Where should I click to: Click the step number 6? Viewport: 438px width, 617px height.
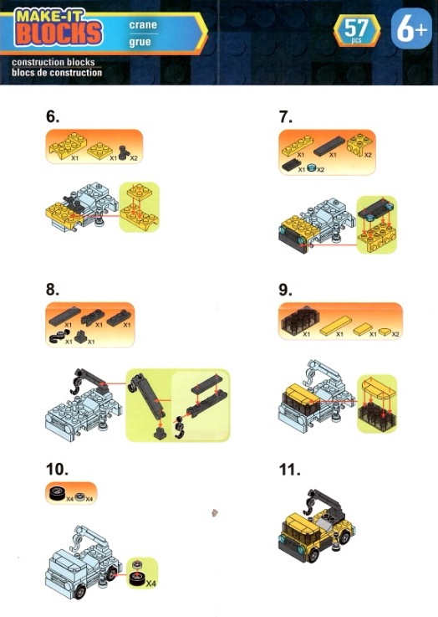point(53,116)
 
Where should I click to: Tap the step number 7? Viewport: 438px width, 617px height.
point(286,116)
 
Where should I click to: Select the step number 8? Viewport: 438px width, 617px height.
point(53,289)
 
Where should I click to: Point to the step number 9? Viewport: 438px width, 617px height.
point(286,290)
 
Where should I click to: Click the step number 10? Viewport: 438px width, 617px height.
point(57,469)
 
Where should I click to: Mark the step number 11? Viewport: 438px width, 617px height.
point(289,469)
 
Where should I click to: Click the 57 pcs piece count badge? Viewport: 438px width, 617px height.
point(357,31)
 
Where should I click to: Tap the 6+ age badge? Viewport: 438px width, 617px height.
point(411,29)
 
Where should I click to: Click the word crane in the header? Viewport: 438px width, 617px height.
point(143,25)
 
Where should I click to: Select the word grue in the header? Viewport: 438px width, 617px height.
point(140,42)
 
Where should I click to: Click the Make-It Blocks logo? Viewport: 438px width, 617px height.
point(59,28)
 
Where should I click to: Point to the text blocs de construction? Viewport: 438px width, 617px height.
point(57,72)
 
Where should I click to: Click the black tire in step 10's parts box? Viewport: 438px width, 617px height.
point(58,493)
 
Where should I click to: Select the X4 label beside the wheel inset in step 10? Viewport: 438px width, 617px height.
point(150,584)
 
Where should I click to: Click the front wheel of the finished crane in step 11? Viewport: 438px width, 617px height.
point(313,555)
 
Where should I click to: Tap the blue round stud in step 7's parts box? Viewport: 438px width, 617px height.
point(313,168)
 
